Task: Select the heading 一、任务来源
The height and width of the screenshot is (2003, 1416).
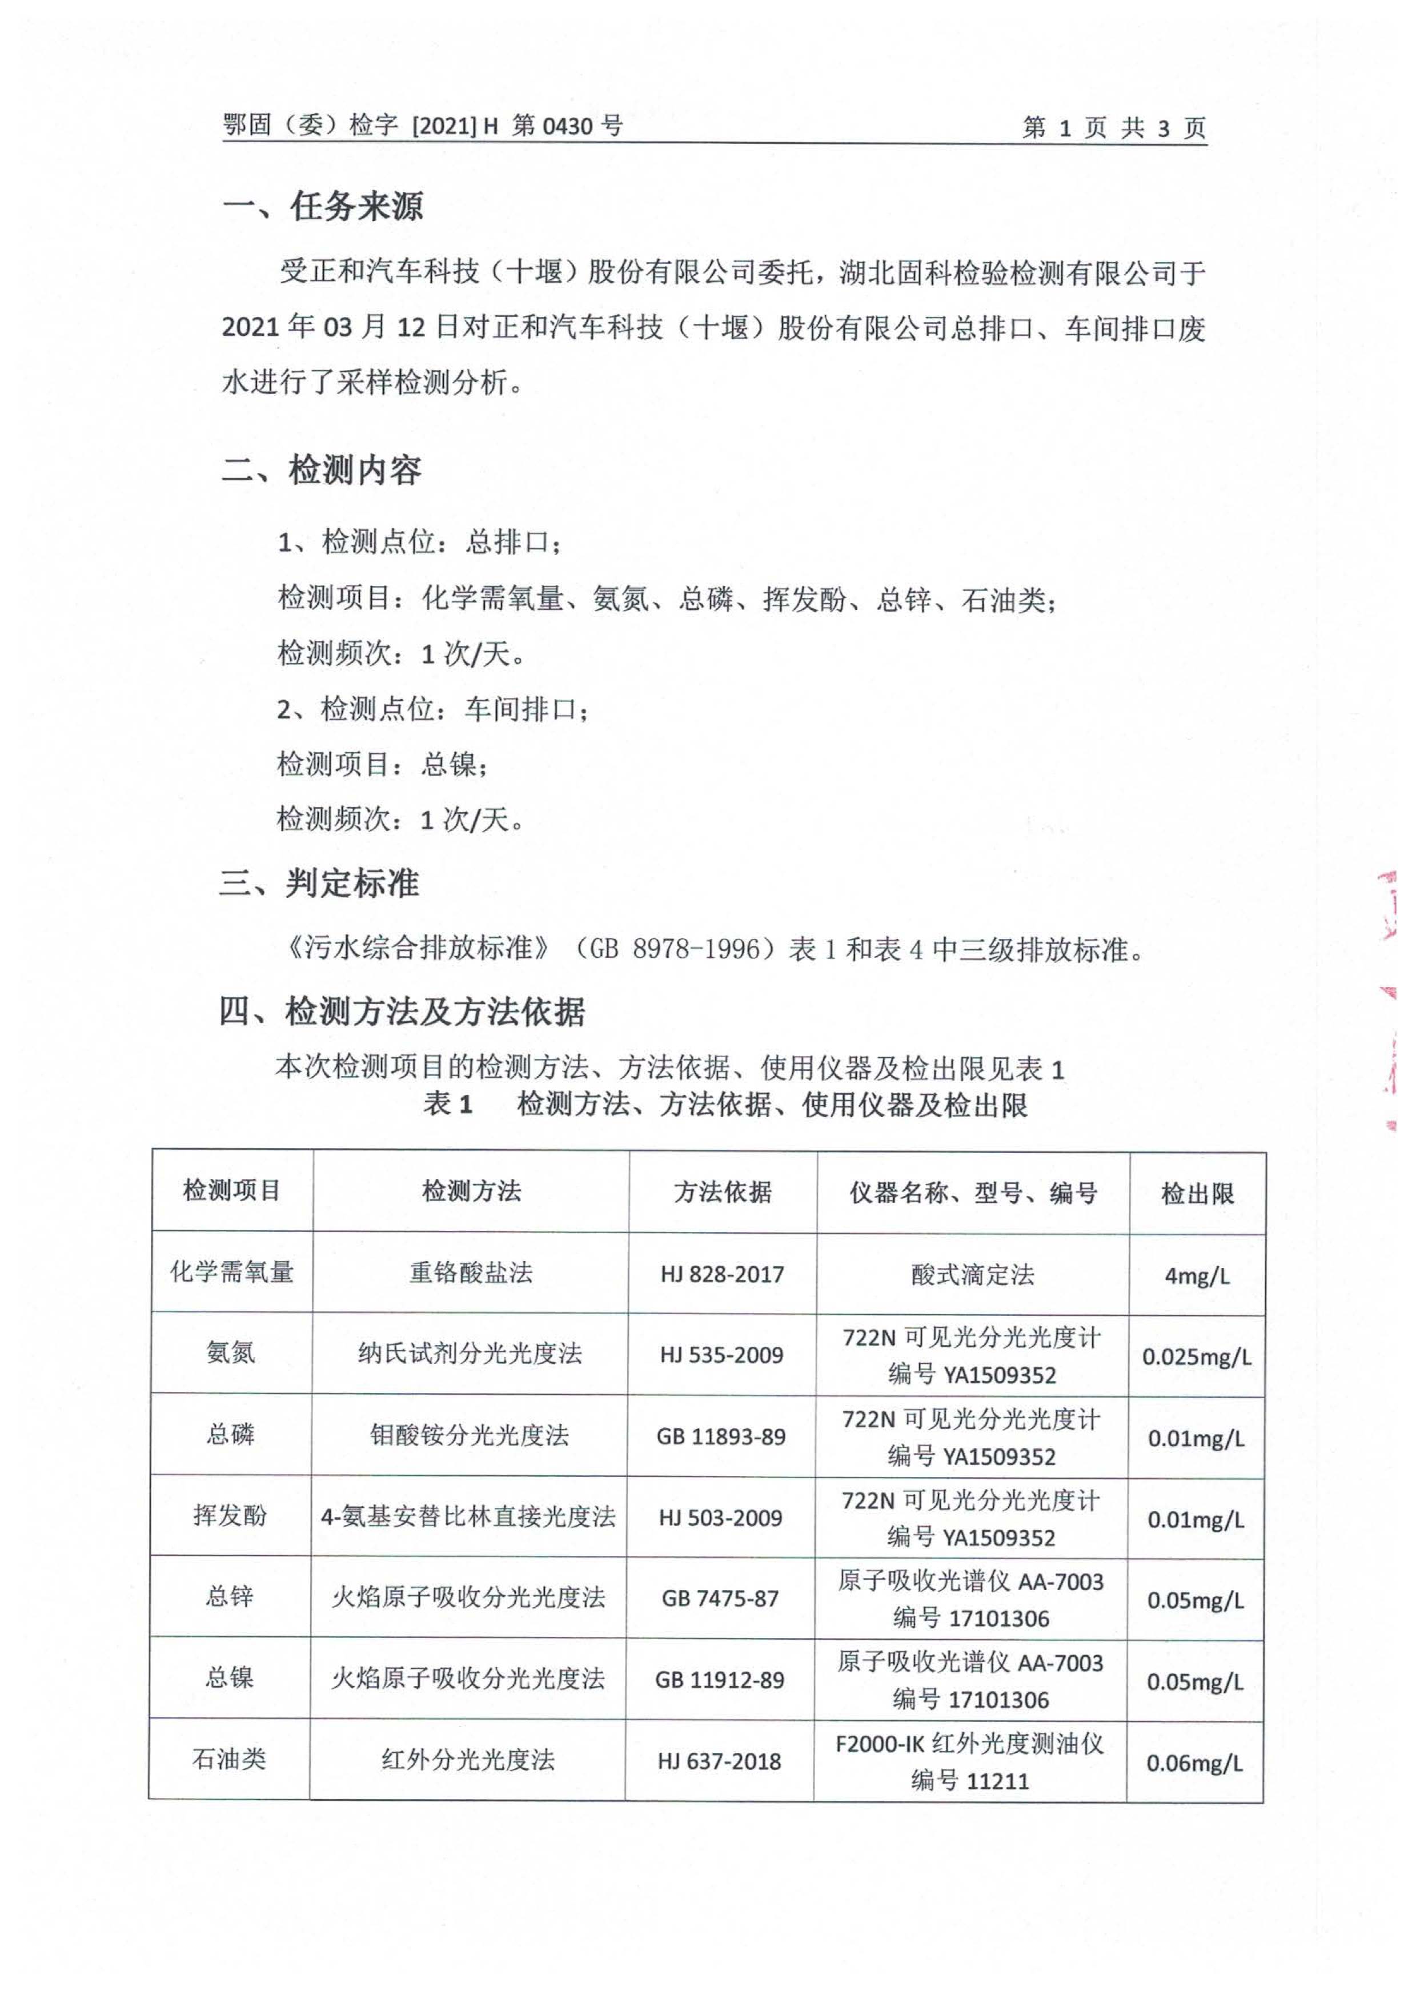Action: (x=322, y=207)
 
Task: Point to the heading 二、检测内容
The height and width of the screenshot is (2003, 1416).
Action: (x=321, y=471)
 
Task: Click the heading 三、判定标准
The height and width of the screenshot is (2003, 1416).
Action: (x=319, y=884)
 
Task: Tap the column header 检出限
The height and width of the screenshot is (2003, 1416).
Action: (x=1197, y=1194)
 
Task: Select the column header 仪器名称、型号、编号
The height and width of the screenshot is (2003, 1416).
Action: (x=973, y=1193)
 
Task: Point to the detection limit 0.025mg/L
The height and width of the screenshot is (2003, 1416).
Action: (x=1196, y=1356)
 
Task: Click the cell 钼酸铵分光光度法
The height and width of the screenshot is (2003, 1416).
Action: (x=470, y=1436)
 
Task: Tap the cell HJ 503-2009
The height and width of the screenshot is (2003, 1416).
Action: (x=721, y=1518)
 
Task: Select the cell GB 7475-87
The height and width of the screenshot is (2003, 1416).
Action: (x=720, y=1599)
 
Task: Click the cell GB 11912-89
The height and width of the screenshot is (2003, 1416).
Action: (x=720, y=1680)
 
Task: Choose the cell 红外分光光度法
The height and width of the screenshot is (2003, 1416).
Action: (x=468, y=1760)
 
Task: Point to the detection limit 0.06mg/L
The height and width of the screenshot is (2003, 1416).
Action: (x=1194, y=1763)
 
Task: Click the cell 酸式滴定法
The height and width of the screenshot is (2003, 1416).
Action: (x=973, y=1275)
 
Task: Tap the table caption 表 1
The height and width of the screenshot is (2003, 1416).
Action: (x=448, y=1105)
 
